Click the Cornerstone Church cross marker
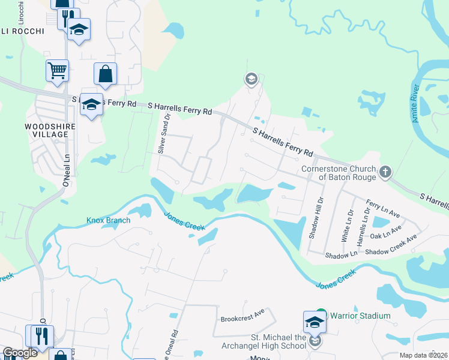click(385, 173)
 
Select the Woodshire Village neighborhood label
click(46, 130)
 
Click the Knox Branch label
click(108, 220)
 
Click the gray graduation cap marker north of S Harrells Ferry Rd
click(251, 79)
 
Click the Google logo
click(20, 353)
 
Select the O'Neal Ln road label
click(67, 171)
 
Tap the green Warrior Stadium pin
click(321, 314)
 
